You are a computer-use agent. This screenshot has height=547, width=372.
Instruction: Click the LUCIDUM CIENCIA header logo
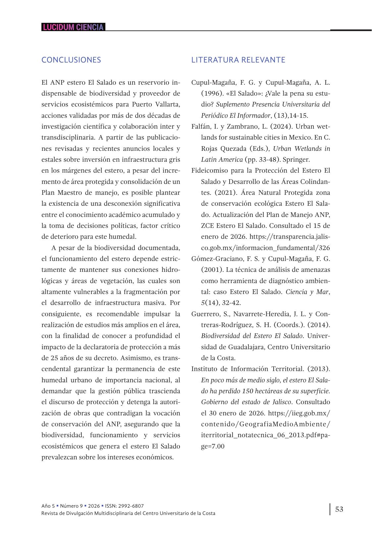pos(73,27)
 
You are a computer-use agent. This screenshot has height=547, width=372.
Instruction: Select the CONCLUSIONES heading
pos(71,60)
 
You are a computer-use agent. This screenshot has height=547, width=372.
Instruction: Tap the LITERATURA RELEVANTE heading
pos(238,60)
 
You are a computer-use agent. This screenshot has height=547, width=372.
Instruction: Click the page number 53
pos(339,509)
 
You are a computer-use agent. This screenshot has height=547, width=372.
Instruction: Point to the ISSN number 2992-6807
pos(131,506)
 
